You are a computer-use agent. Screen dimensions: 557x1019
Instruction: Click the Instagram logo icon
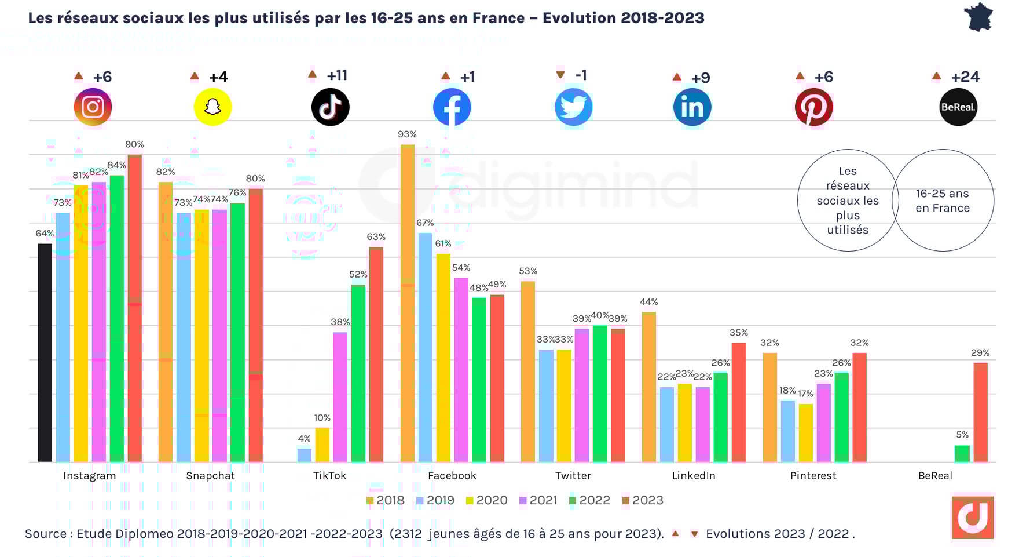tap(93, 107)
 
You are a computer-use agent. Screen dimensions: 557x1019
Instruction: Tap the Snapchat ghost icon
tap(212, 107)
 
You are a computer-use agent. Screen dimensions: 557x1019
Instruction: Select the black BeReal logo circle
tap(958, 107)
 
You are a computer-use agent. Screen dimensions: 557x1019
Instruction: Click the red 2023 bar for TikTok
tap(376, 355)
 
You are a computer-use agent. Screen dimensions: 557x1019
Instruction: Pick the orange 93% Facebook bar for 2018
tap(408, 303)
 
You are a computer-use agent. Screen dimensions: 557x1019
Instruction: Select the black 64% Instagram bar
tap(45, 352)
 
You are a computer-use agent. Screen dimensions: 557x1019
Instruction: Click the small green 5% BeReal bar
tap(962, 453)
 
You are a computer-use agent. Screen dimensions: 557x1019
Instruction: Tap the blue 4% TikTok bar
tap(305, 455)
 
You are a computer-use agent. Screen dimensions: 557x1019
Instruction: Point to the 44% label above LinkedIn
tap(648, 302)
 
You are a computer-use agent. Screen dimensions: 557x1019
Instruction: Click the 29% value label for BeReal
tap(980, 353)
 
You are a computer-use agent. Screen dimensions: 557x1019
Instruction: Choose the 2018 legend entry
tap(385, 500)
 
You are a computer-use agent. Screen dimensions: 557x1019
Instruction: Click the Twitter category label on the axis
tap(573, 476)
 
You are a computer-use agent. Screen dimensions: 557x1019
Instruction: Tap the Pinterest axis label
tap(813, 476)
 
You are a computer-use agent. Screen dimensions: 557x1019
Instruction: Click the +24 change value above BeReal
tap(965, 77)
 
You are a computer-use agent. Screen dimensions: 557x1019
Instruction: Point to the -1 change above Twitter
tap(581, 75)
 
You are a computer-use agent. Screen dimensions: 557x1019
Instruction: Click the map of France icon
tap(978, 17)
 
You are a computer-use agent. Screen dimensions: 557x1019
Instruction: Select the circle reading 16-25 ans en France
tap(943, 201)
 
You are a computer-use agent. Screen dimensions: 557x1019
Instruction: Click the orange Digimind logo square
tap(972, 517)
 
